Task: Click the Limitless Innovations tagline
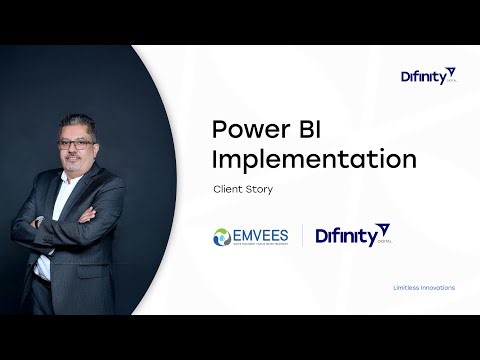424,287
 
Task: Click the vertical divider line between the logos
302,238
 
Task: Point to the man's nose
80,153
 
